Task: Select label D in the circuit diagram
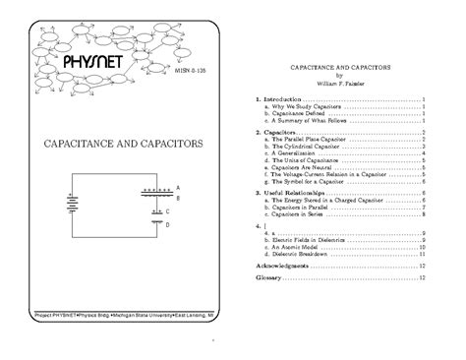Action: click(169, 224)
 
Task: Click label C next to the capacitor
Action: click(169, 210)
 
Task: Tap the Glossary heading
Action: click(268, 278)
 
